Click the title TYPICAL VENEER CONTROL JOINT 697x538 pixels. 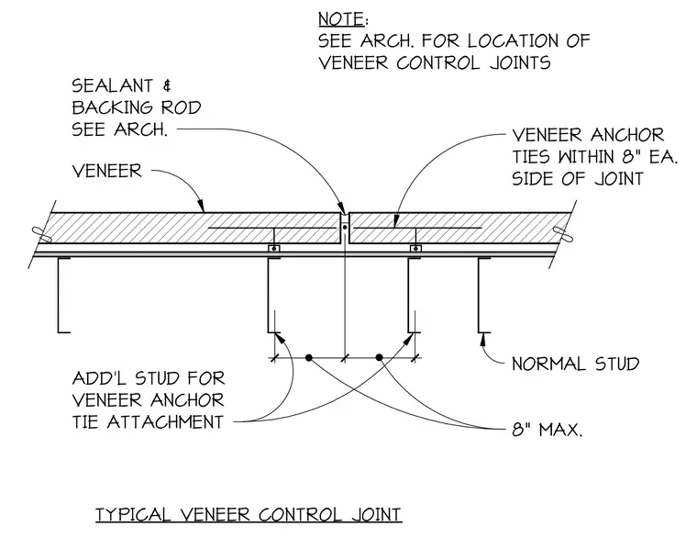tap(249, 514)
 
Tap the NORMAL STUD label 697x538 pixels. tap(576, 364)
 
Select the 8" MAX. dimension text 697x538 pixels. tap(548, 430)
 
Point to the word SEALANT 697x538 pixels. tap(113, 85)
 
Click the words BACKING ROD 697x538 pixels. tap(137, 107)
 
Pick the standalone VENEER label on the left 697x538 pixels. tap(106, 171)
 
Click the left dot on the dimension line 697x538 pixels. tap(308, 357)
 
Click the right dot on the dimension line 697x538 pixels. tap(379, 357)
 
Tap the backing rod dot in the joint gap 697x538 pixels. tap(345, 228)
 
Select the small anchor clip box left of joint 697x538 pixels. tap(274, 248)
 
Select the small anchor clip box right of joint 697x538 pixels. tap(415, 248)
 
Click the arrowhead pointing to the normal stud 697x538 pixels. tap(483, 339)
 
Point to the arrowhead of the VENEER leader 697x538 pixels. tap(201, 205)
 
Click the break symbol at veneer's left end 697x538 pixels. tap(42, 234)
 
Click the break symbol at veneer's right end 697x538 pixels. tap(562, 234)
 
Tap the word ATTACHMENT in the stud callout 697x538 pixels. tap(165, 421)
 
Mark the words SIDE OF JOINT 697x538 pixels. tap(578, 178)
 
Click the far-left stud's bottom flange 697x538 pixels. tap(64, 332)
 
